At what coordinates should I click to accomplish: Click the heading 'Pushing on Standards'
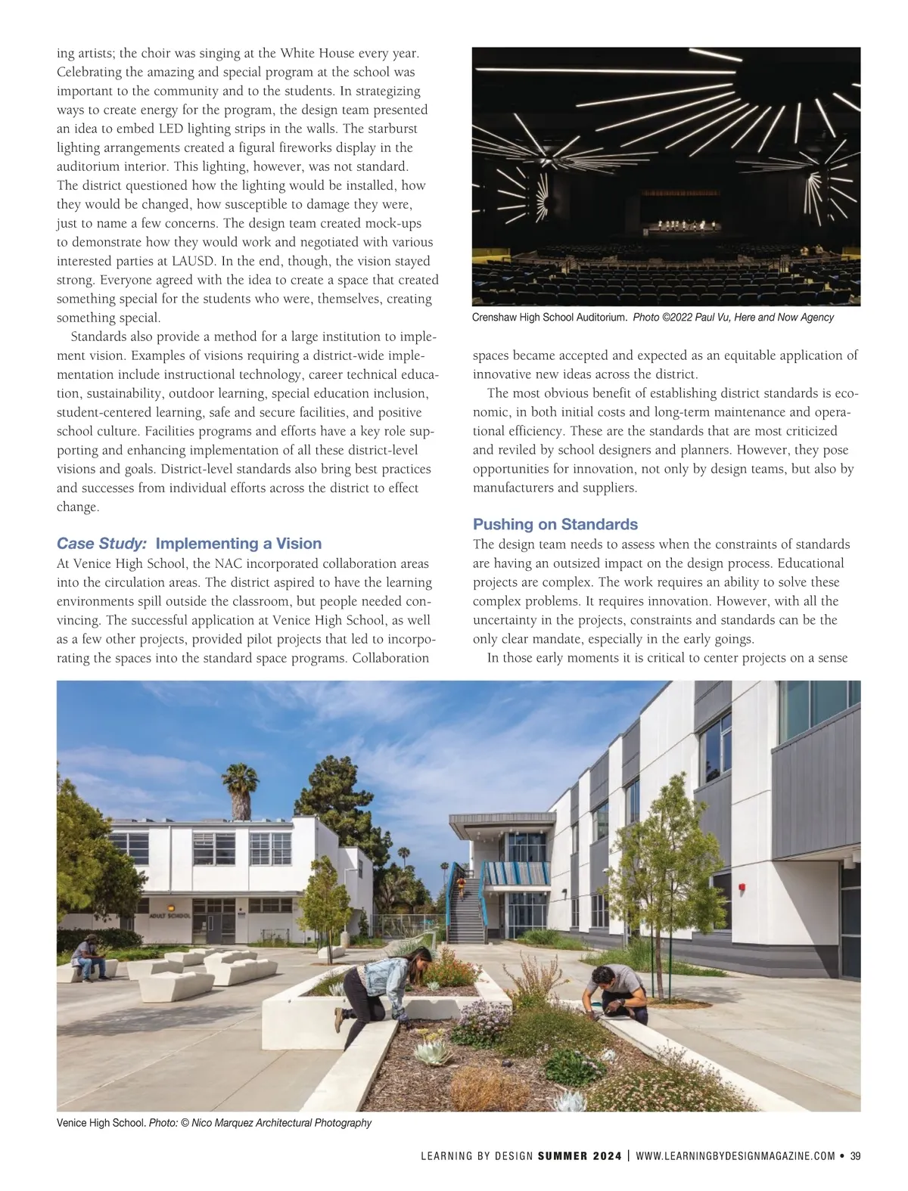(555, 524)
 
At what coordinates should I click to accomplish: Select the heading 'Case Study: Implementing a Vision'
(189, 543)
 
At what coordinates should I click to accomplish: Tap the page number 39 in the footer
(855, 1155)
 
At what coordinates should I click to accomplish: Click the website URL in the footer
(735, 1155)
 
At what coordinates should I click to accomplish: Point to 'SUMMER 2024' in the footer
(580, 1155)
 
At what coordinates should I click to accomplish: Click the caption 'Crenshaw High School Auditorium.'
(549, 318)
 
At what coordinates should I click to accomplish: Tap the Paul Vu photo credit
(732, 318)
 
